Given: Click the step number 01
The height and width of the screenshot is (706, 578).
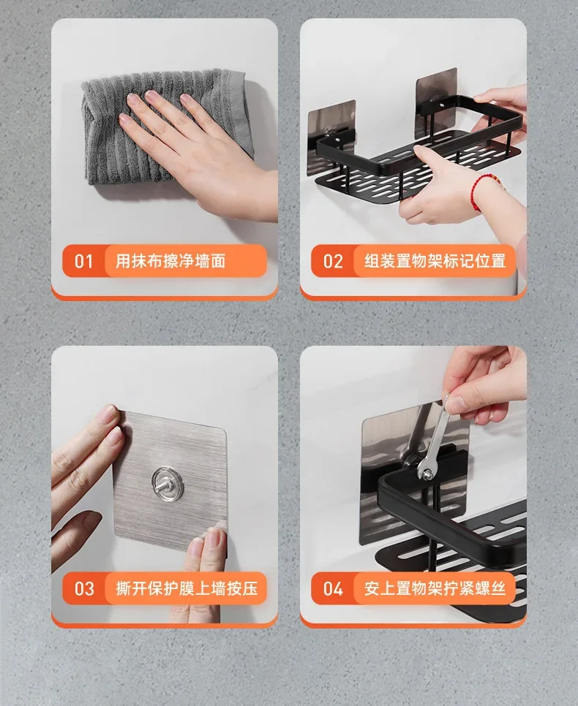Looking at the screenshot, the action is click(83, 261).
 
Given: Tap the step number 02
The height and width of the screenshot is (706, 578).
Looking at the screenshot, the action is click(333, 261).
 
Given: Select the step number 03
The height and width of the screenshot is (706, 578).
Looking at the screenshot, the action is click(84, 588).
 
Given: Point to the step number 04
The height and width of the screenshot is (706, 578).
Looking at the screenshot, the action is click(333, 588).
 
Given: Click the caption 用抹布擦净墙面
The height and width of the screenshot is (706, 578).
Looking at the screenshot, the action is click(170, 261).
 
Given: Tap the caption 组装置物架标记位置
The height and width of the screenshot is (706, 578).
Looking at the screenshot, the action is click(435, 261).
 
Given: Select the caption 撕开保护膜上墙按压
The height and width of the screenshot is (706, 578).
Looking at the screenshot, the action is click(187, 588).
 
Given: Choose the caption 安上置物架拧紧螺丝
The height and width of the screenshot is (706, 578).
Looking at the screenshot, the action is click(435, 588).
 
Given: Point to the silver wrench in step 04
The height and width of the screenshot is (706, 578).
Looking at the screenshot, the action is click(433, 437).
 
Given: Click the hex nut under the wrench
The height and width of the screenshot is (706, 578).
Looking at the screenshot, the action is click(427, 473).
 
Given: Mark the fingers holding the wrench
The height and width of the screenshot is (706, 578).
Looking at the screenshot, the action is click(482, 387).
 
